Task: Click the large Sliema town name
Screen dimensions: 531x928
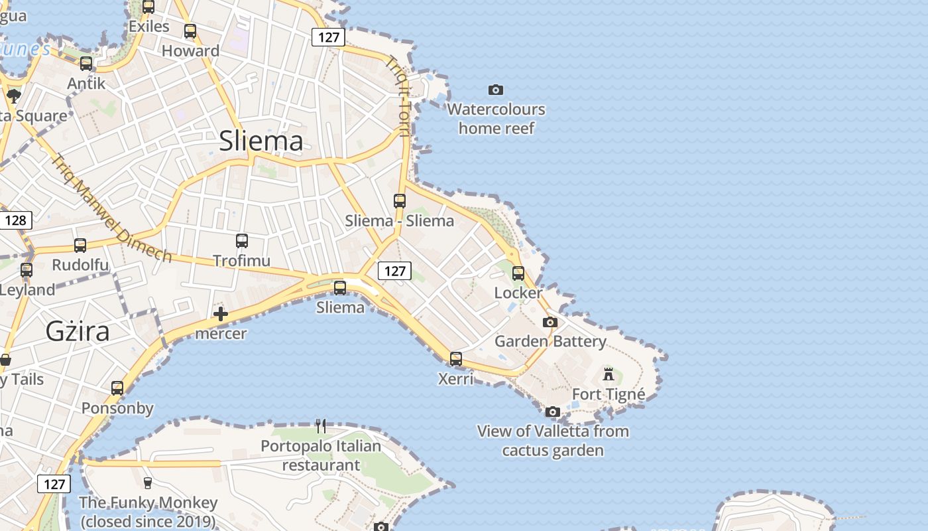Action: pyautogui.click(x=261, y=141)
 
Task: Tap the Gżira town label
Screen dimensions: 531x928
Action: pyautogui.click(x=78, y=331)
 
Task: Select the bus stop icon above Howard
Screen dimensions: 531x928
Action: pyautogui.click(x=190, y=31)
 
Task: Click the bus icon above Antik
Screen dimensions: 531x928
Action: pyautogui.click(x=86, y=63)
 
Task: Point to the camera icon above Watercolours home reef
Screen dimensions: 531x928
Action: pyautogui.click(x=495, y=90)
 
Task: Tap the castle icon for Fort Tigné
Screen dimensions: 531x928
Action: pyautogui.click(x=609, y=374)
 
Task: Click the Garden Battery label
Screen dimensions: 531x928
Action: pyautogui.click(x=550, y=341)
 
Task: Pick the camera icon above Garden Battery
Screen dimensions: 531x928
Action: pyautogui.click(x=550, y=323)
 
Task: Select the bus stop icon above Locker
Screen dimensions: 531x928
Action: pyautogui.click(x=518, y=273)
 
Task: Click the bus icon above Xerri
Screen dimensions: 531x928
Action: pyautogui.click(x=456, y=359)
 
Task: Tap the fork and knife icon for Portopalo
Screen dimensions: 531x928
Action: pyautogui.click(x=321, y=425)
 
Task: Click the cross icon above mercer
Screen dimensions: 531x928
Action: pyautogui.click(x=221, y=314)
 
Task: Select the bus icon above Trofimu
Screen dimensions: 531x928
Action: pyautogui.click(x=242, y=241)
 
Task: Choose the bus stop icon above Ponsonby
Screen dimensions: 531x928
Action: pyautogui.click(x=117, y=388)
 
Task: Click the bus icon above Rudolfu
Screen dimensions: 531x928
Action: pyautogui.click(x=80, y=246)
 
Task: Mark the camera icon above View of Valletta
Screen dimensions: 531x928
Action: pyautogui.click(x=553, y=412)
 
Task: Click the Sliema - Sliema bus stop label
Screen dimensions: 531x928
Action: pyautogui.click(x=400, y=221)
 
